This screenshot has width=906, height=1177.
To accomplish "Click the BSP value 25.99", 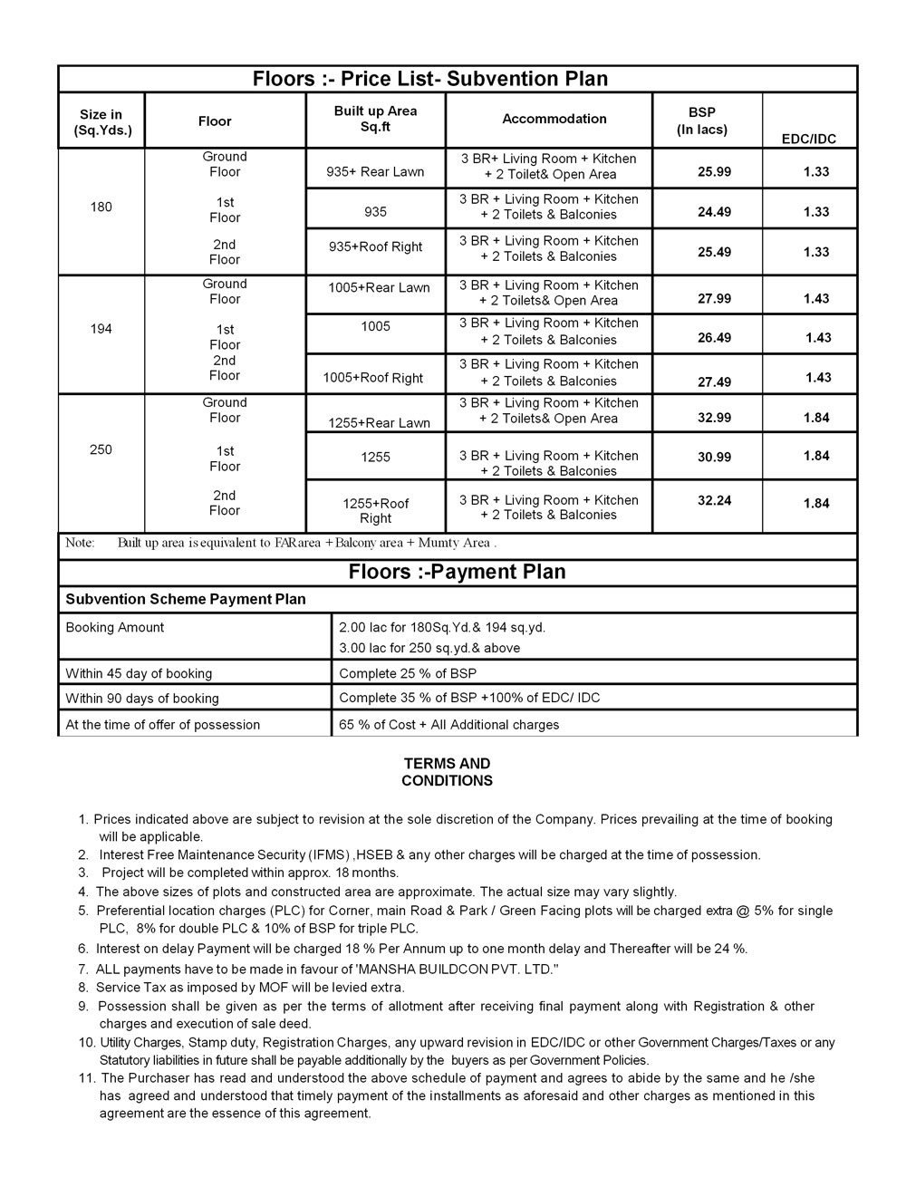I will coord(714,172).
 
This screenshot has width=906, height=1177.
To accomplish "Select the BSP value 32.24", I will coord(714,500).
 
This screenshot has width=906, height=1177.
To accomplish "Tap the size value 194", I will coord(101,329).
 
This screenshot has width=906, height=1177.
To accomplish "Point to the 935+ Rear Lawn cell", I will coord(375,172).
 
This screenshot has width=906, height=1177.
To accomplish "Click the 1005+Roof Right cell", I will coord(373,378).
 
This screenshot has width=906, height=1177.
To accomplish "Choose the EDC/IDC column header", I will coord(808,140).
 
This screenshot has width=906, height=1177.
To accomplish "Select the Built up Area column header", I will coord(375,119).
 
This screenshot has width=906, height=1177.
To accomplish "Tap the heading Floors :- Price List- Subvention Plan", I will coord(430,79).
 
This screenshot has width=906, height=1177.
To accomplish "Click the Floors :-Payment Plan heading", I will coord(457,572).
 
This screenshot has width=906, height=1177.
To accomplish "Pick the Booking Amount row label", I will coord(115,627).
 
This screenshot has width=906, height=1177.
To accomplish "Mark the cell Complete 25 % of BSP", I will coord(408,673).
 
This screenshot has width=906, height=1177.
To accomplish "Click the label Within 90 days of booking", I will coord(142,699).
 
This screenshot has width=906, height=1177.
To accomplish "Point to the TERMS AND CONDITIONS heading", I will coord(448,772).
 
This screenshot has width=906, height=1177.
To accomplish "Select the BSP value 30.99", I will coord(714,458).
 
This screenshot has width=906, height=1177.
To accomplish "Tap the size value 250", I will coord(101,449).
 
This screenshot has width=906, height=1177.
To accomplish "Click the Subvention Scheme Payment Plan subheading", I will coord(186,599).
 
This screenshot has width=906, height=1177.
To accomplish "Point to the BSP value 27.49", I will coord(714,382).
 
